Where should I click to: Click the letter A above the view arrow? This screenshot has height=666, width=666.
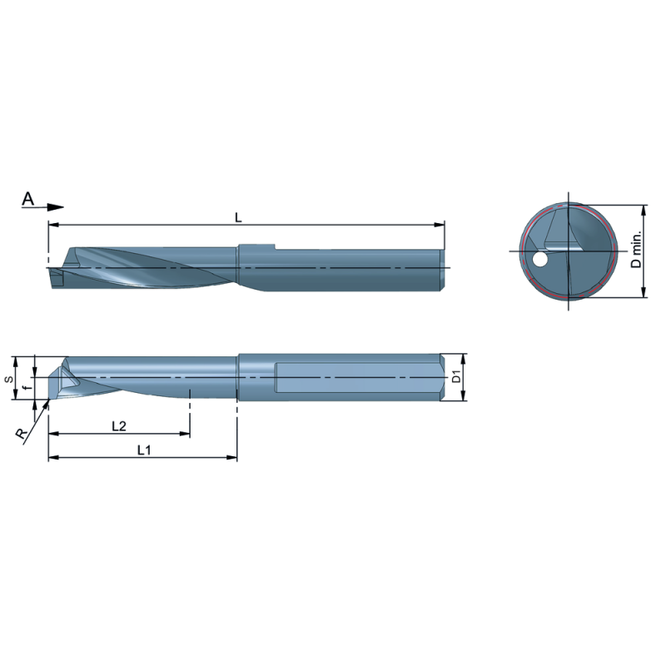[28, 198]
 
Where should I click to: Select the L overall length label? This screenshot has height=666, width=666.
[238, 217]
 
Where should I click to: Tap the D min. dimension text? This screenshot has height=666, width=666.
[636, 250]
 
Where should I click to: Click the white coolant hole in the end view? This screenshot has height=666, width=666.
[540, 261]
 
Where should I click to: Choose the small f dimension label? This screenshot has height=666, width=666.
[27, 387]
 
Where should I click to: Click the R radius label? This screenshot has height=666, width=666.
[18, 433]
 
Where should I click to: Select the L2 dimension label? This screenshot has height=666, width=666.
[119, 426]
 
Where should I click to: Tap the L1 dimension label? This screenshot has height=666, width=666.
[143, 450]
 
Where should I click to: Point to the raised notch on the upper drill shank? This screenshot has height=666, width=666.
[256, 246]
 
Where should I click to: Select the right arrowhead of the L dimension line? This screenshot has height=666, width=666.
[439, 225]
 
